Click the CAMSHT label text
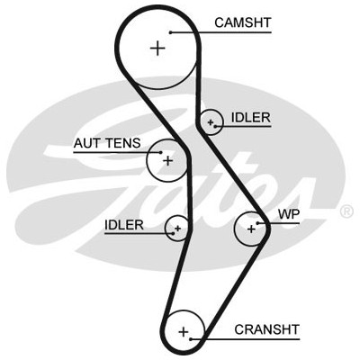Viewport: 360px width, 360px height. coord(243,22)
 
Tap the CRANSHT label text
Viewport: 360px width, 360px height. coord(267,329)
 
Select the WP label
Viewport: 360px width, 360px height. coord(289,214)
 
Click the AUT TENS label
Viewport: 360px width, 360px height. coord(107,143)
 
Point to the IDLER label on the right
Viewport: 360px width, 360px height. coord(251,118)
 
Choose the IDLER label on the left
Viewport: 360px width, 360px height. coord(124,225)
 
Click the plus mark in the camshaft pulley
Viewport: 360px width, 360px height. coord(157,49)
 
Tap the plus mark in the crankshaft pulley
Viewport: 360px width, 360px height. coord(184,332)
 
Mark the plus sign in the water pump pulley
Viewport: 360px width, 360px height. coord(251,229)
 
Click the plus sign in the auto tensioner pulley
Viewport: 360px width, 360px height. coord(168,161)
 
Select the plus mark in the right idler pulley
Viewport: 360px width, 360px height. coord(211,122)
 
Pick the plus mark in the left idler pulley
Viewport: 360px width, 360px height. coord(177,229)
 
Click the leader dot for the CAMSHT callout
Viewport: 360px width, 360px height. coord(170,32)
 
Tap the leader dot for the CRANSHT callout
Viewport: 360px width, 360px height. coord(191,339)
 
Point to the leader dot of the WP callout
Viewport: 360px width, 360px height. coord(257,223)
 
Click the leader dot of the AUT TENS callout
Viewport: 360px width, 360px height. coord(161,152)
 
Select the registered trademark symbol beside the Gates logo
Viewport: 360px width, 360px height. coord(346,211)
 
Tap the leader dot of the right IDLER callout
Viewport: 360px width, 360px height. coord(216,126)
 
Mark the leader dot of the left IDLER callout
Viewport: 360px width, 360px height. coord(173,233)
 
